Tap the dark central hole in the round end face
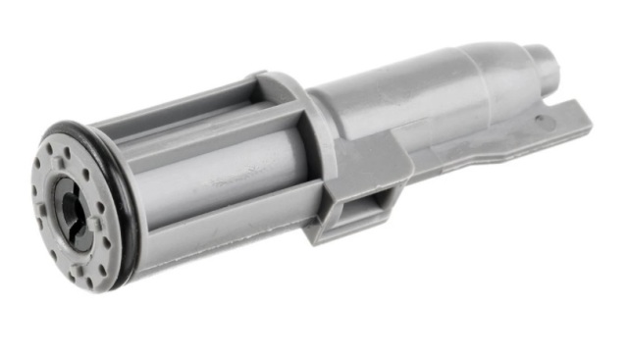click(x=71, y=205)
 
